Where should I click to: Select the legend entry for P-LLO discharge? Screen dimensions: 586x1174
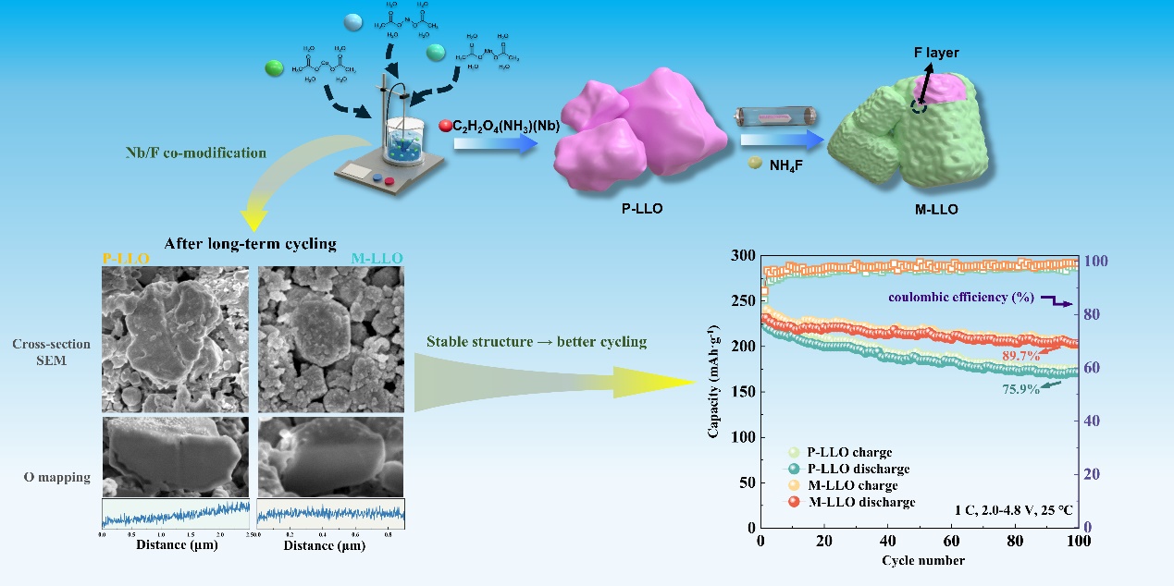(855, 469)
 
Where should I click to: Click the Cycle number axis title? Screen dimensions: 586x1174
(922, 560)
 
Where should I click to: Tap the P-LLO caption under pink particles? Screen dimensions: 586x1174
(641, 209)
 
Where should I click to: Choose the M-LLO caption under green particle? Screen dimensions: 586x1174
(936, 210)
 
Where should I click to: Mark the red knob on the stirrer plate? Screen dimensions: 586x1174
(389, 181)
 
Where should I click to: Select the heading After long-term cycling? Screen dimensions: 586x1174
(250, 244)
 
